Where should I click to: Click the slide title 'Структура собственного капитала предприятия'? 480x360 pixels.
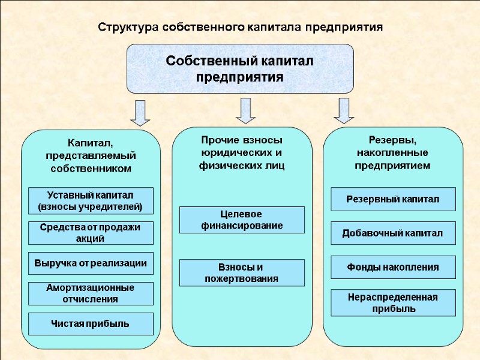click(240, 28)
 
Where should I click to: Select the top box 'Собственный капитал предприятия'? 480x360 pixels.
click(240, 68)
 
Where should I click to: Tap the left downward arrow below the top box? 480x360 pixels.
click(140, 113)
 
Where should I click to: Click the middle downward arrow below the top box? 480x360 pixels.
click(245, 110)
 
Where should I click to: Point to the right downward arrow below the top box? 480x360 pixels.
click(344, 110)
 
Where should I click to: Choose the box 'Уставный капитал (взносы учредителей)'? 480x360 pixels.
click(91, 201)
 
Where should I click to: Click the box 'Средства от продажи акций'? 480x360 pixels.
click(91, 233)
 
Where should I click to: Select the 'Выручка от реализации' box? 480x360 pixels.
click(91, 263)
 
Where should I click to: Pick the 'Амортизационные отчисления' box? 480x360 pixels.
click(91, 293)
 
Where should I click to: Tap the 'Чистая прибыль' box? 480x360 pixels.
click(91, 324)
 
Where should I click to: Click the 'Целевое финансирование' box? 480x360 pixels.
click(242, 220)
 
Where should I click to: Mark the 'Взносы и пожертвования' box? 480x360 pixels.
click(242, 272)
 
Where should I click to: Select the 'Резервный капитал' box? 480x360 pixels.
click(393, 199)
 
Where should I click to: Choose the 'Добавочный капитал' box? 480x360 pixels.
click(393, 233)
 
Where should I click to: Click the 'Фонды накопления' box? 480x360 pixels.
click(393, 267)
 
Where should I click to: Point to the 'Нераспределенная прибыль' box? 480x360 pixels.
click(393, 303)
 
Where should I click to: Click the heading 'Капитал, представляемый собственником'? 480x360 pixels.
click(90, 155)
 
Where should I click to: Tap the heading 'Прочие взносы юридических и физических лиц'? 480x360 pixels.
click(242, 152)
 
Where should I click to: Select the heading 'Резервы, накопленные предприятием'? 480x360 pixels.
click(392, 152)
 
